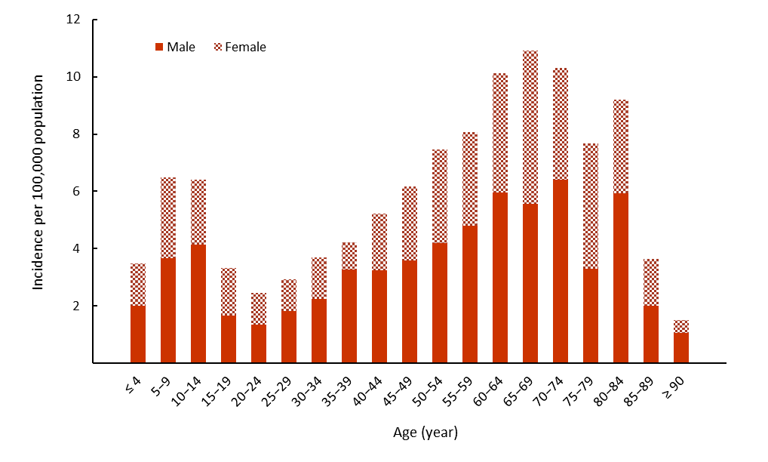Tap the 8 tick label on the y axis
coord(75,134)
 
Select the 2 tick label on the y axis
coord(75,306)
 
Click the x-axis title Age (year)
coord(425,433)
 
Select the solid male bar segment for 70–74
coord(561,270)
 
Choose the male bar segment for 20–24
coord(259,343)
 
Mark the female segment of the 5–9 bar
coord(168,217)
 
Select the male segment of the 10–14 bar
coord(198,303)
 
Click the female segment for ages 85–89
coord(651,282)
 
